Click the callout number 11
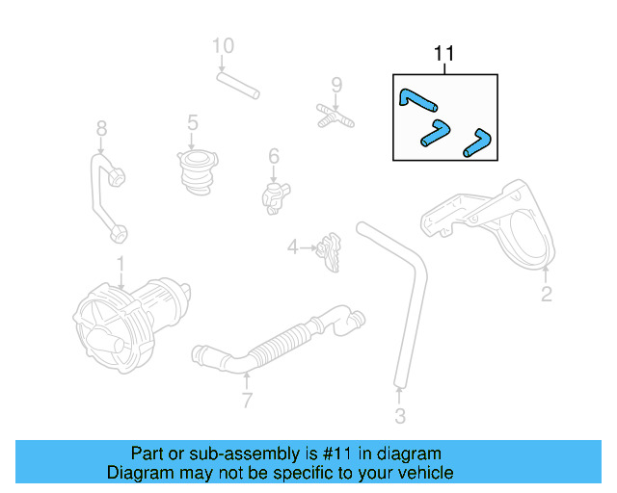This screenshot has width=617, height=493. click(444, 54)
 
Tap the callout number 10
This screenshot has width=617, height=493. click(223, 45)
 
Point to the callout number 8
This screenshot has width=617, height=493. click(100, 128)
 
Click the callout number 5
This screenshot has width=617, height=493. click(193, 122)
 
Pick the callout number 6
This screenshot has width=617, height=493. click(274, 155)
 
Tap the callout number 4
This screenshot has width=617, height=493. click(292, 248)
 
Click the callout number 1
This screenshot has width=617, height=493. click(121, 262)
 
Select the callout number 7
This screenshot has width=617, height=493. click(247, 400)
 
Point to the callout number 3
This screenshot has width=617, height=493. click(400, 416)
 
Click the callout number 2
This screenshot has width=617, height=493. click(546, 295)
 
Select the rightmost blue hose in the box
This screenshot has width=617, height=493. click(477, 142)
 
